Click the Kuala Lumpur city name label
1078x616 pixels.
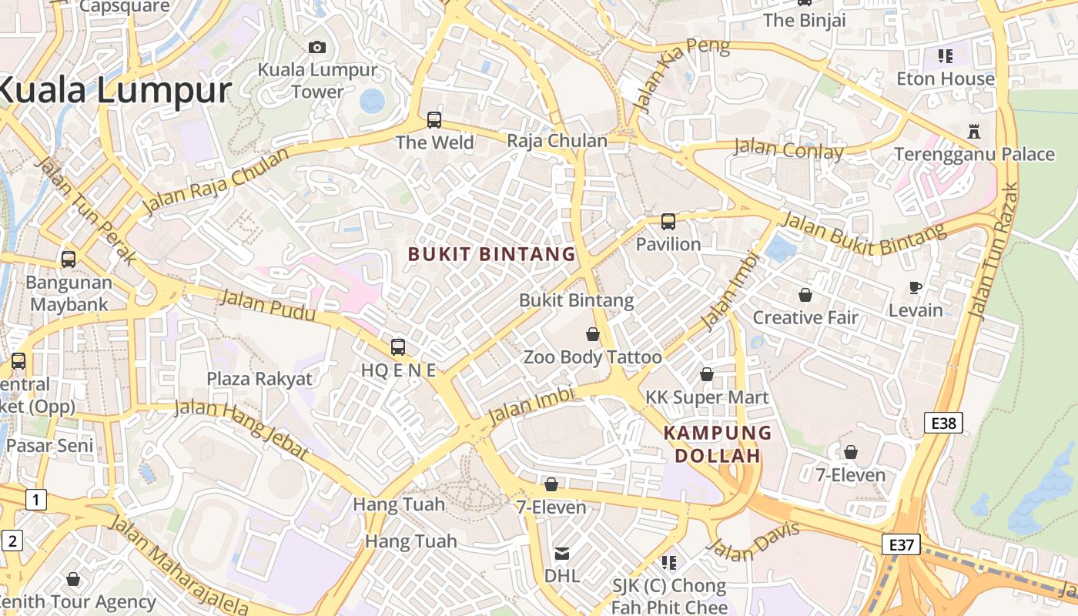114,91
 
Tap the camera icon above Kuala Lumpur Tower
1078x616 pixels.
316,48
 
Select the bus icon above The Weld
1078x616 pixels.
434,120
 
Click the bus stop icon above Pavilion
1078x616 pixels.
668,222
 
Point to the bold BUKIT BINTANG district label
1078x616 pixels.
491,254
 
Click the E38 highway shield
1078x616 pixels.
943,423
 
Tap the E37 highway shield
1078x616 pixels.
901,545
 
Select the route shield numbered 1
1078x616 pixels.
35,500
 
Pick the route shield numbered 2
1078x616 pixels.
12,541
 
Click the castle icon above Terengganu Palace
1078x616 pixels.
974,131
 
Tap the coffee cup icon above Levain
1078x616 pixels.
915,288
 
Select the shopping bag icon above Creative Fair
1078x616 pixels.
805,295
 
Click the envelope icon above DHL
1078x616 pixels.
562,554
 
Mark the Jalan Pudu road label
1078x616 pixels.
267,306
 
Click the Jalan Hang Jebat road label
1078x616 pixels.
241,430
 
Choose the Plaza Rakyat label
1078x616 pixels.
259,379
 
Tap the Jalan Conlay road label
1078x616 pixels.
788,149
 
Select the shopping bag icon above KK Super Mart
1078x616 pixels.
706,375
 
